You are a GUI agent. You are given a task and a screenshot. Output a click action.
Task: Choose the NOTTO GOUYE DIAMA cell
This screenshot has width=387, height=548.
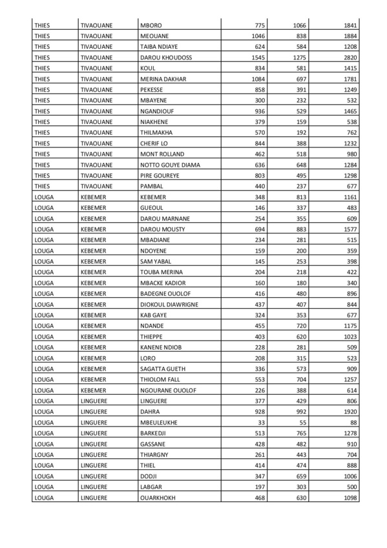click(170, 165)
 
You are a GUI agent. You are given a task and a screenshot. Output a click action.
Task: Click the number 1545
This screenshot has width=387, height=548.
click(257, 57)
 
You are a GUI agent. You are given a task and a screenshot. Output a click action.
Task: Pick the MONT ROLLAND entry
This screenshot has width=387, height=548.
click(162, 154)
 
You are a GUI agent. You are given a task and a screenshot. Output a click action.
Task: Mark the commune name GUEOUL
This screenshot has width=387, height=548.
click(152, 207)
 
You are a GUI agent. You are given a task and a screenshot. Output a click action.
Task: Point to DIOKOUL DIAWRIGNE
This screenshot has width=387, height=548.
click(169, 304)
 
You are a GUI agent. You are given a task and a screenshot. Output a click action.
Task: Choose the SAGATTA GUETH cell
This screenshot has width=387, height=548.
click(163, 369)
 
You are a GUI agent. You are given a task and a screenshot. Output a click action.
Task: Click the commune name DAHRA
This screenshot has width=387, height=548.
click(151, 412)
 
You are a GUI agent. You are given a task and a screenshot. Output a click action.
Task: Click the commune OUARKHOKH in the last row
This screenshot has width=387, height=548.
click(158, 498)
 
